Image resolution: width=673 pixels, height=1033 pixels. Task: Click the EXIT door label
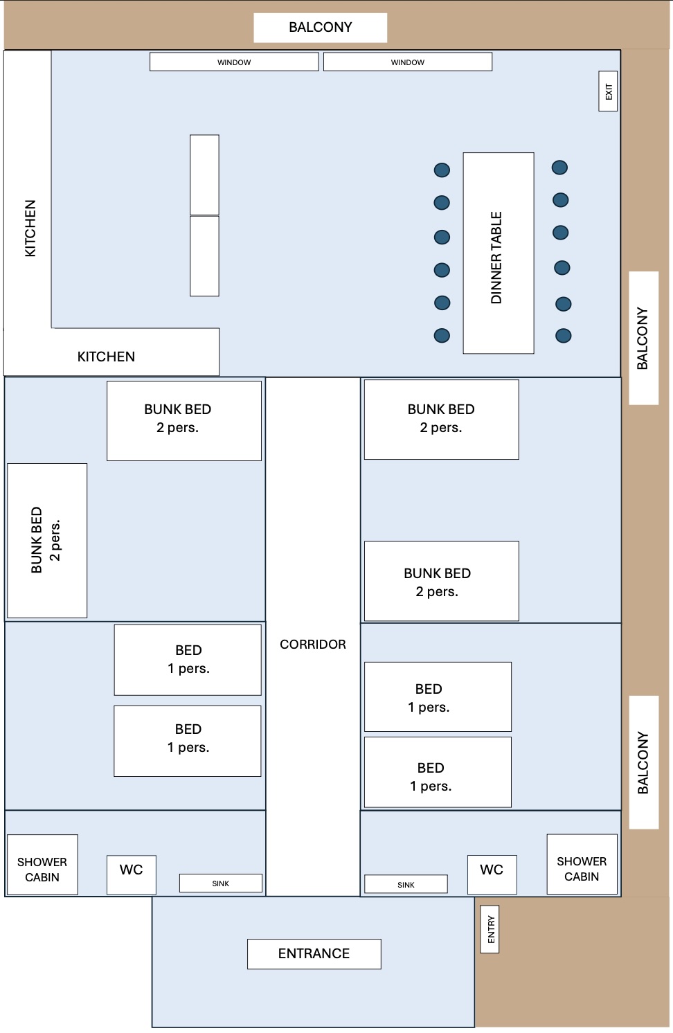point(608,91)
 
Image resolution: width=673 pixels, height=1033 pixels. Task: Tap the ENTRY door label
point(490,929)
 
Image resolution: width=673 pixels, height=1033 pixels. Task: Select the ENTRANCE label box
point(314,953)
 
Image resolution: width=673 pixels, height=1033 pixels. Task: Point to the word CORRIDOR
point(312,645)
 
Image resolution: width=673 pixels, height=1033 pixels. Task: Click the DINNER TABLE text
point(496,258)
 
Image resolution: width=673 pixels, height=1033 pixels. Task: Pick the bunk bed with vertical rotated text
point(46,540)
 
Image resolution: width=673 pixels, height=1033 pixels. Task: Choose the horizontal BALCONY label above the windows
point(320,28)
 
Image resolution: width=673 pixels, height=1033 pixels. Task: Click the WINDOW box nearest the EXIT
point(407,62)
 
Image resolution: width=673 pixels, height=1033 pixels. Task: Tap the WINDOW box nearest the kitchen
point(234,62)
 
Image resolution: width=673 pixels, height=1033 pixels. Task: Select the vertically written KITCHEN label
point(30,228)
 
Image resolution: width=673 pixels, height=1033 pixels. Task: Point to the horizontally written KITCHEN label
point(106,357)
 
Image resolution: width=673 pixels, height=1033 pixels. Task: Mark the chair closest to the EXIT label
point(559,168)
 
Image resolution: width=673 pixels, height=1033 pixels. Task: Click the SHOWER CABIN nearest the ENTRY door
point(582,869)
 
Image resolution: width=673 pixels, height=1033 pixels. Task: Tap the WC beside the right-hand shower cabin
point(492,870)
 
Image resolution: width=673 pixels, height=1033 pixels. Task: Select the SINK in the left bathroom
point(220,883)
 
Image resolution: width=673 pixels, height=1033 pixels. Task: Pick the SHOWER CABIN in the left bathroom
point(42,870)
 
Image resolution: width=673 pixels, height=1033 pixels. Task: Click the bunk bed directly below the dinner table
point(441,419)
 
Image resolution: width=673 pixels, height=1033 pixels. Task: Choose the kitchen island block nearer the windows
point(204,174)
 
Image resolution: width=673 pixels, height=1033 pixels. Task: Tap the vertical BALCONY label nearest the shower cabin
point(643,762)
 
